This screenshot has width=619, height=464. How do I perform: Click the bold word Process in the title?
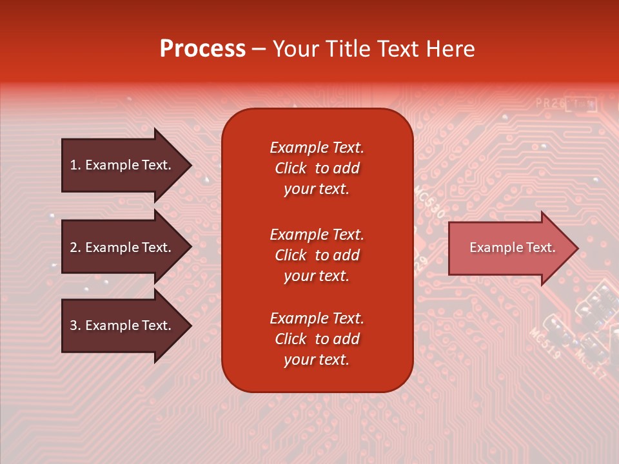202,49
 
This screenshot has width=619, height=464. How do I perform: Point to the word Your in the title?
295,49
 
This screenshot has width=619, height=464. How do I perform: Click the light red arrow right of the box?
509,248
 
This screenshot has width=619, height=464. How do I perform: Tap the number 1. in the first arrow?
75,165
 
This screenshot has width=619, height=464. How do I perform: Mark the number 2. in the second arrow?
75,247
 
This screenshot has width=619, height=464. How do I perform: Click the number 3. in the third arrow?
75,325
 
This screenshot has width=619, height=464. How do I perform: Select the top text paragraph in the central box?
317,168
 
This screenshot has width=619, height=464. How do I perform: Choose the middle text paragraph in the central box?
317,255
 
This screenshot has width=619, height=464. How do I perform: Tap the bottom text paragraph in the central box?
317,339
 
